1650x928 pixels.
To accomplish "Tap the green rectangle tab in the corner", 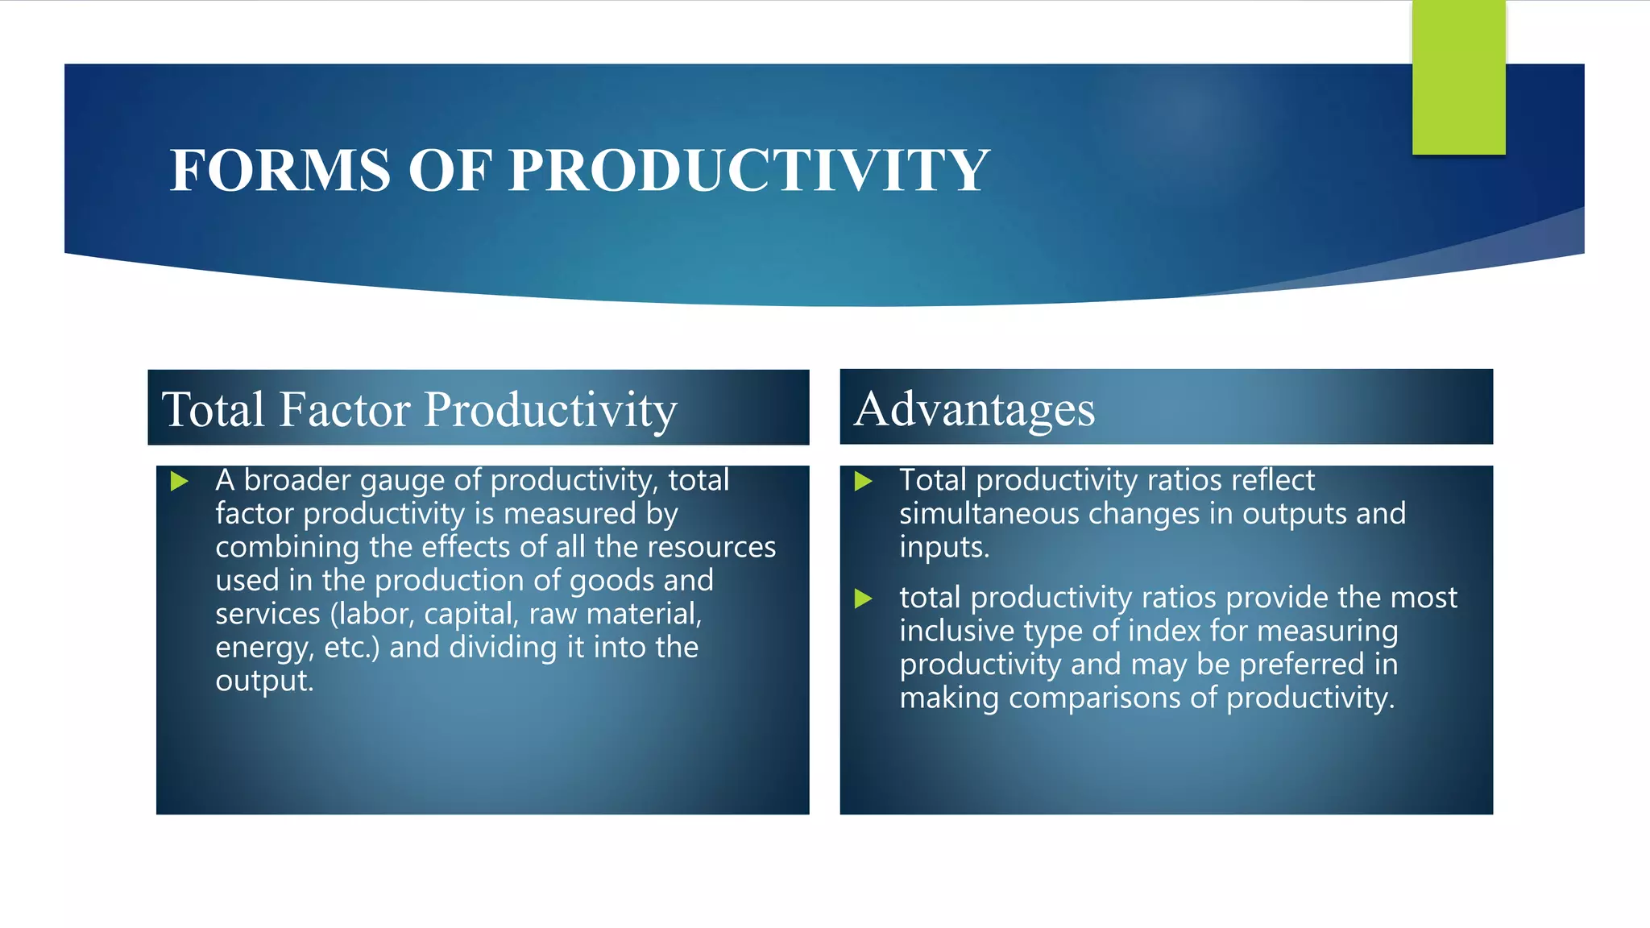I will pos(1458,77).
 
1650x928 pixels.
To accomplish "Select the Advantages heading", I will pos(975,408).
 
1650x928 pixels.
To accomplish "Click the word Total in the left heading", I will pos(213,409).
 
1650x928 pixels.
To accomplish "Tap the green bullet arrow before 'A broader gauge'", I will pos(180,482).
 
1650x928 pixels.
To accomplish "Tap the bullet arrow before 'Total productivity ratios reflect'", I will pos(863,482).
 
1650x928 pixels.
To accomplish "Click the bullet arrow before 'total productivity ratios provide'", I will pos(863,599).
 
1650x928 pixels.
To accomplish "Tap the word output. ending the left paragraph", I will pos(264,681).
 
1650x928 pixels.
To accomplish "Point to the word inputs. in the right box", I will pos(943,548).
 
